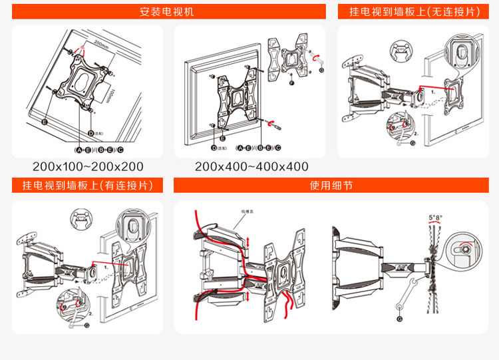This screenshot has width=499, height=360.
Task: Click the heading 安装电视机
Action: [167, 11]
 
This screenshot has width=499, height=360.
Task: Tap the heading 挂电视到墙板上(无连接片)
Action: [409, 11]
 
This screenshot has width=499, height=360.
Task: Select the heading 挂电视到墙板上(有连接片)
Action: [88, 185]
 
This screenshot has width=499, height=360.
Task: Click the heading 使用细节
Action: [331, 185]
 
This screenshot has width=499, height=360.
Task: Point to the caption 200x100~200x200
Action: [88, 166]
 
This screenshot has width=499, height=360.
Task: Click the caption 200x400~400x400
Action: [251, 166]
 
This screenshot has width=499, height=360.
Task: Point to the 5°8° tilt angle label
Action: [435, 218]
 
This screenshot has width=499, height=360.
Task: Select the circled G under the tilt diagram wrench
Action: [399, 319]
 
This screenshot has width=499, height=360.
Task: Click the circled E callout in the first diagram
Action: [44, 122]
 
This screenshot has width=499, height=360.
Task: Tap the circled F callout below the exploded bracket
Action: [291, 84]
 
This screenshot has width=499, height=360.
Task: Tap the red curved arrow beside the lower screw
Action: [269, 122]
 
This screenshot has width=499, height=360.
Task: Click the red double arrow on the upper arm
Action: [248, 241]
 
